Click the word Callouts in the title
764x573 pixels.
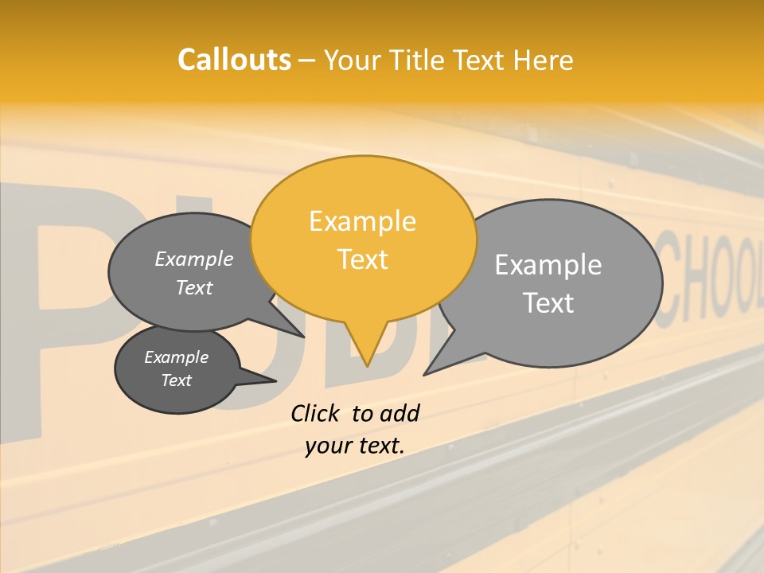(x=234, y=60)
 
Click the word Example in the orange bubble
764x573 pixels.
(x=362, y=221)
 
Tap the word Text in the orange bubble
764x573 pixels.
(x=363, y=259)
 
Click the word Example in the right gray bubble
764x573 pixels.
(x=548, y=265)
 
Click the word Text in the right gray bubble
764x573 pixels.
(x=548, y=303)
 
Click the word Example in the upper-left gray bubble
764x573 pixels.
(x=193, y=259)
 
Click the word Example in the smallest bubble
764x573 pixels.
(x=176, y=357)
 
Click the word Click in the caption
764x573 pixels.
(x=315, y=413)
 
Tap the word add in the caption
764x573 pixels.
(x=399, y=413)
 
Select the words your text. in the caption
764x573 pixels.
(x=354, y=446)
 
